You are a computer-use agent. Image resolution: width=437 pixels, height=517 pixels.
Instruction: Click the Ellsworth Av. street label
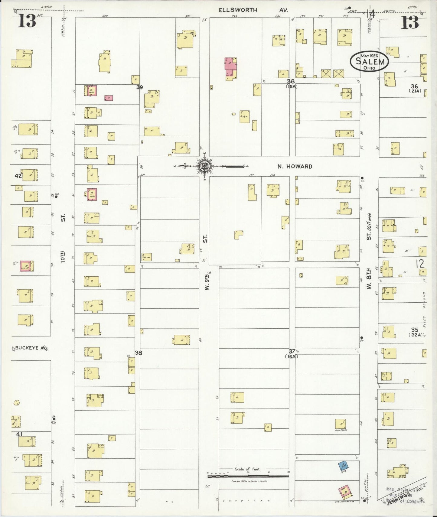pyautogui.click(x=253, y=10)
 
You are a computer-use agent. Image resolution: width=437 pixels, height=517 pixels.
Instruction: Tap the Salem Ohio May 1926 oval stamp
pyautogui.click(x=370, y=61)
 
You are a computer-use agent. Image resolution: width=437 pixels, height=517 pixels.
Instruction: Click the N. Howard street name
pyautogui.click(x=295, y=166)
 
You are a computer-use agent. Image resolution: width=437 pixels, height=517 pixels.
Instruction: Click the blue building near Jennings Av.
pyautogui.click(x=342, y=465)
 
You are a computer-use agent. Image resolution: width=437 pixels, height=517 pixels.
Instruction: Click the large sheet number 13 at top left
pyautogui.click(x=27, y=21)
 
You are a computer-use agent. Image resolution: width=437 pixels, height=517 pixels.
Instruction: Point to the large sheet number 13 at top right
pyautogui.click(x=410, y=22)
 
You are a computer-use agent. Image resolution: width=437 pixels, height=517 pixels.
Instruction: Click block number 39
pyautogui.click(x=139, y=87)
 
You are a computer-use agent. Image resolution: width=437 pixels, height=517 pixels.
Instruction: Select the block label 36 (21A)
pyautogui.click(x=415, y=88)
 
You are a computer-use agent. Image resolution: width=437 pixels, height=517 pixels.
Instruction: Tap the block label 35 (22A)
pyautogui.click(x=415, y=332)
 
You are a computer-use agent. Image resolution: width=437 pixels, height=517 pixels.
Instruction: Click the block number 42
pyautogui.click(x=18, y=176)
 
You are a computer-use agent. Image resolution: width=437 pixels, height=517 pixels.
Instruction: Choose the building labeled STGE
pyautogui.click(x=244, y=116)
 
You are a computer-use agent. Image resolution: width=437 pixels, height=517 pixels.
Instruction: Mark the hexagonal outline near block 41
pyautogui.click(x=17, y=403)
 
